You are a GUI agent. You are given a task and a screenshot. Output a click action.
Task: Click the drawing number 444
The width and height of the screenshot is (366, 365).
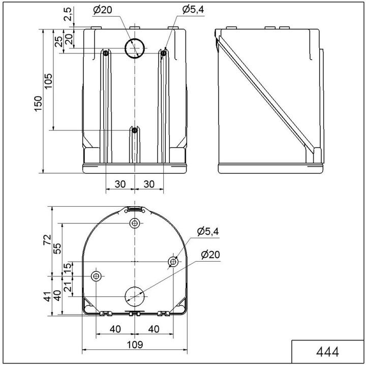(x=327, y=352)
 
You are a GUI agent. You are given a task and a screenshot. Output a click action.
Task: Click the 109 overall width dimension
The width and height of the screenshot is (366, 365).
(x=134, y=345)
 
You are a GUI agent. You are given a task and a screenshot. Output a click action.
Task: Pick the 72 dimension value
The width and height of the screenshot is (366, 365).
(x=47, y=239)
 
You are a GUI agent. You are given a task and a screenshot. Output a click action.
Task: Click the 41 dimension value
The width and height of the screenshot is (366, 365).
(x=47, y=296)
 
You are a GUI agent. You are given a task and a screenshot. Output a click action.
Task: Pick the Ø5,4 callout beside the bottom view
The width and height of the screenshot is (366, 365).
(x=208, y=232)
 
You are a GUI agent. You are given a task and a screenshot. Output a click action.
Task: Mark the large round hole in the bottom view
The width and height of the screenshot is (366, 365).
(x=135, y=296)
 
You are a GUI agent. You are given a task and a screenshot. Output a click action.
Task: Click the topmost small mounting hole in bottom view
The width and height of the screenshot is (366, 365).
(x=135, y=223)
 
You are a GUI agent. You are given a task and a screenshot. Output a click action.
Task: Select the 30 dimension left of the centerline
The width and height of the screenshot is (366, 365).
(x=119, y=184)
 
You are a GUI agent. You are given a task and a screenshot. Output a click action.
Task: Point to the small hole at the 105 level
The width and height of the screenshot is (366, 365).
(x=134, y=130)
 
